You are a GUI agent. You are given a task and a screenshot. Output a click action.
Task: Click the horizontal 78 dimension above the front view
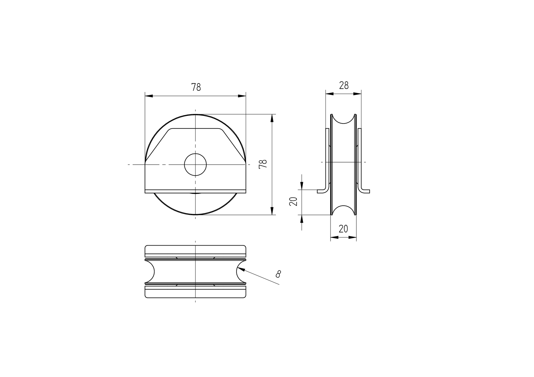point(196,87)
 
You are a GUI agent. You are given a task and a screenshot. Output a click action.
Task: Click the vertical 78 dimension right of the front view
point(263,164)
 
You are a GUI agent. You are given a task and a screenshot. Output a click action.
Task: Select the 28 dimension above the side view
point(344,85)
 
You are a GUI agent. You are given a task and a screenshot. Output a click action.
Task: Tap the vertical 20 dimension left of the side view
point(293,202)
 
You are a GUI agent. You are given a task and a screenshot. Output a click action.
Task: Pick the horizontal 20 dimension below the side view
point(343,229)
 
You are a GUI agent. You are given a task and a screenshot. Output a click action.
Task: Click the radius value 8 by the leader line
point(278,274)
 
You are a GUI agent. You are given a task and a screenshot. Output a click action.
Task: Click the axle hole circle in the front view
point(195,164)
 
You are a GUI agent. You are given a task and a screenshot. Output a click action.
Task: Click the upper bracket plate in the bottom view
point(195,251)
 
